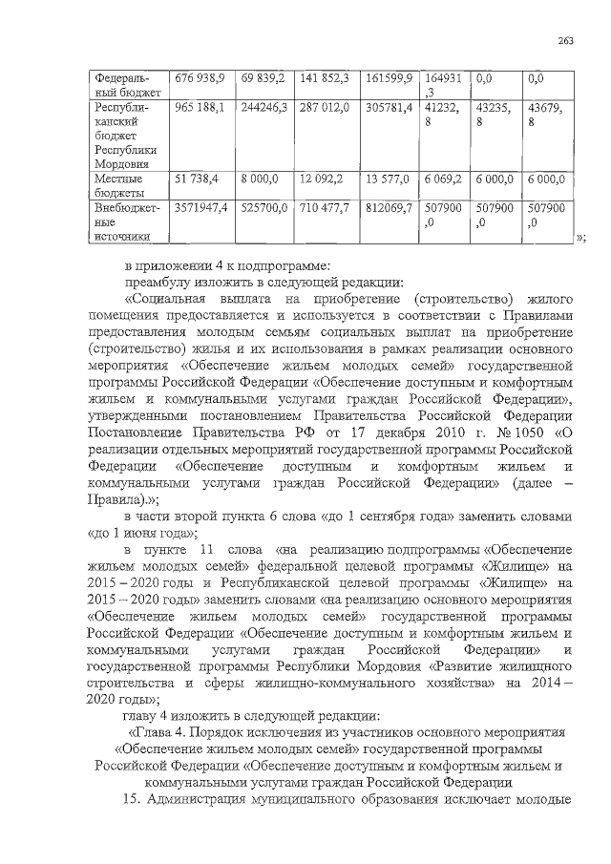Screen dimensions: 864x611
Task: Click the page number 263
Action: (565, 40)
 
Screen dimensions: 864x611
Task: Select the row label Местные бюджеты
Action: (118, 186)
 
